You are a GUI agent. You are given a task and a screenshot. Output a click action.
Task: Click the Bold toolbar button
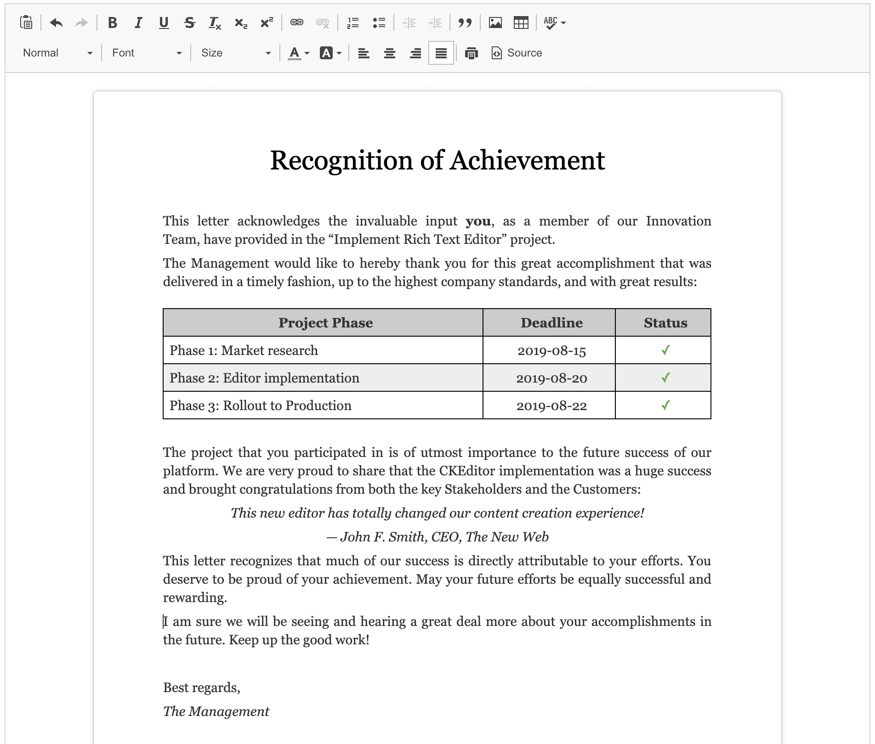tap(112, 23)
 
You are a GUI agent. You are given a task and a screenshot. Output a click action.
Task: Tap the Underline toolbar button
tap(164, 23)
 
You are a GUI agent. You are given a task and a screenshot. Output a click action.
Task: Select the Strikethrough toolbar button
tap(189, 23)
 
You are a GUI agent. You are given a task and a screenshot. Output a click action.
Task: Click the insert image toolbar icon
tap(495, 23)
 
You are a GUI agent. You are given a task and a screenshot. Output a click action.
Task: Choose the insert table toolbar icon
tap(521, 23)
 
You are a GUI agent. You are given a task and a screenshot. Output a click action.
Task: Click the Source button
tap(517, 53)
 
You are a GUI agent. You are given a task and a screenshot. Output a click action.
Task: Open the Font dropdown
tap(147, 53)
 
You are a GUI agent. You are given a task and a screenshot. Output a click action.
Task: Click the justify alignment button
tap(441, 53)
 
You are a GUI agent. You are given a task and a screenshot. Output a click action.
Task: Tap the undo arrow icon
tap(56, 23)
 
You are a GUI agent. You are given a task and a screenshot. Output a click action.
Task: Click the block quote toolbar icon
tap(465, 23)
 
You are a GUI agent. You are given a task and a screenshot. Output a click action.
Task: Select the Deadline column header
tap(551, 323)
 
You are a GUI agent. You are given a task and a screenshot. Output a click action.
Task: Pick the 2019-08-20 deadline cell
tap(551, 378)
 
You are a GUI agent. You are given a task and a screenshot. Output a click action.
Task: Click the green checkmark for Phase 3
tap(665, 405)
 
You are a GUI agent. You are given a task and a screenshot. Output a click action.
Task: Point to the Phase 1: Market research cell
tap(244, 350)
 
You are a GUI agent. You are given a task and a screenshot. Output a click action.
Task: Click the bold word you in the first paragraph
tap(478, 221)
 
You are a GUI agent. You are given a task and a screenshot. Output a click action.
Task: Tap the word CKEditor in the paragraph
tap(466, 471)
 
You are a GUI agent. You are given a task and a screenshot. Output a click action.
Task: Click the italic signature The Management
tap(216, 711)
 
